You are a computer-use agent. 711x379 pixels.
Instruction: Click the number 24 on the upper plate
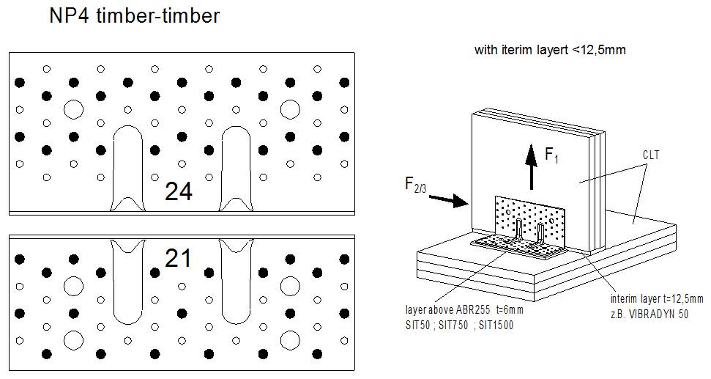(x=179, y=191)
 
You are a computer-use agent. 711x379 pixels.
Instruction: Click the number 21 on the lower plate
(x=178, y=259)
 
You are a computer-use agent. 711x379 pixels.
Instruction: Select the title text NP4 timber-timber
(x=134, y=16)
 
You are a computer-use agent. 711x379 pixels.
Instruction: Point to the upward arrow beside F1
(x=531, y=167)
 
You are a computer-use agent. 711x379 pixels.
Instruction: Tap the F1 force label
(x=552, y=155)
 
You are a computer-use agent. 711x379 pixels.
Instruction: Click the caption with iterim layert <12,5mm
(x=550, y=51)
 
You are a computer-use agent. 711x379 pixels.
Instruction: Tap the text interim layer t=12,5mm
(x=656, y=299)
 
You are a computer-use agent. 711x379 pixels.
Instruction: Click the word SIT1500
(x=494, y=324)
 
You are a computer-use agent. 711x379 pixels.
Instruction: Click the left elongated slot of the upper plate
(x=129, y=165)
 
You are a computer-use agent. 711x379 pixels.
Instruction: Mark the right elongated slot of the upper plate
(x=236, y=165)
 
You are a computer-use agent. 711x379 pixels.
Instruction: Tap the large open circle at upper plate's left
(x=73, y=110)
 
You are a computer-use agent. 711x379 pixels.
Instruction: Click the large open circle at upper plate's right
(x=290, y=110)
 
